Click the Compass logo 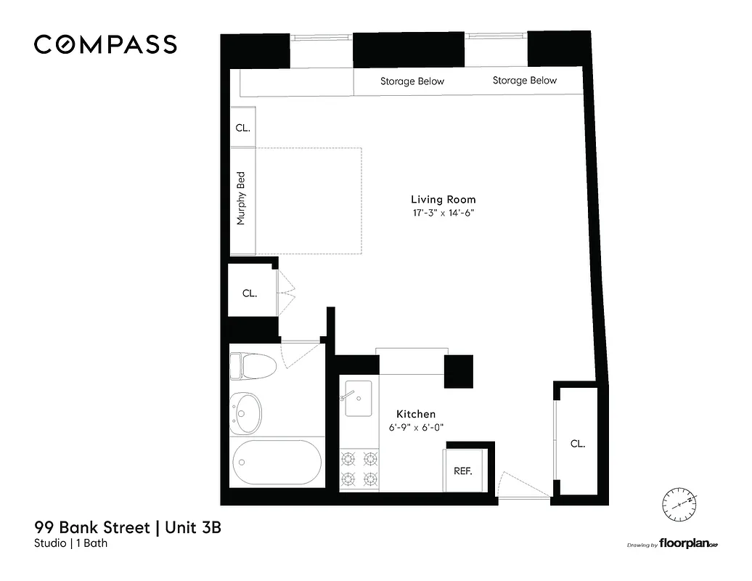tap(105, 44)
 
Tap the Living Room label tap(443, 199)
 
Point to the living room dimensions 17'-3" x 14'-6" tap(443, 214)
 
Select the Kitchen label tap(415, 414)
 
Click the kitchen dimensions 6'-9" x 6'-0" tap(415, 428)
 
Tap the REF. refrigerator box tap(462, 471)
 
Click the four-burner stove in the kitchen tap(360, 468)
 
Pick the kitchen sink tap(358, 398)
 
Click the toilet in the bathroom tap(252, 365)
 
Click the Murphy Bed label tap(242, 198)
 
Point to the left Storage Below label tap(412, 81)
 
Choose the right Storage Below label tap(524, 81)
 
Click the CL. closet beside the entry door tap(577, 443)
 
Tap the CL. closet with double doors tap(250, 293)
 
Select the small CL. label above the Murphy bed tap(242, 128)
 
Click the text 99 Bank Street tap(91, 527)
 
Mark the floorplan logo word tap(683, 544)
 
